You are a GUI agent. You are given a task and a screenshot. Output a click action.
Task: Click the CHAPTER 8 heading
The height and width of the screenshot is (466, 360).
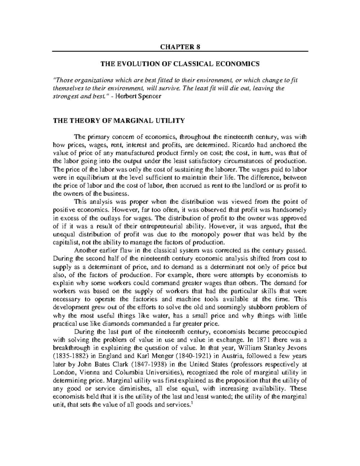(180, 47)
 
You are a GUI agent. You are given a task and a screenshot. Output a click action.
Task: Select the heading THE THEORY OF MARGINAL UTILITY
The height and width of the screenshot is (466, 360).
(119, 121)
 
